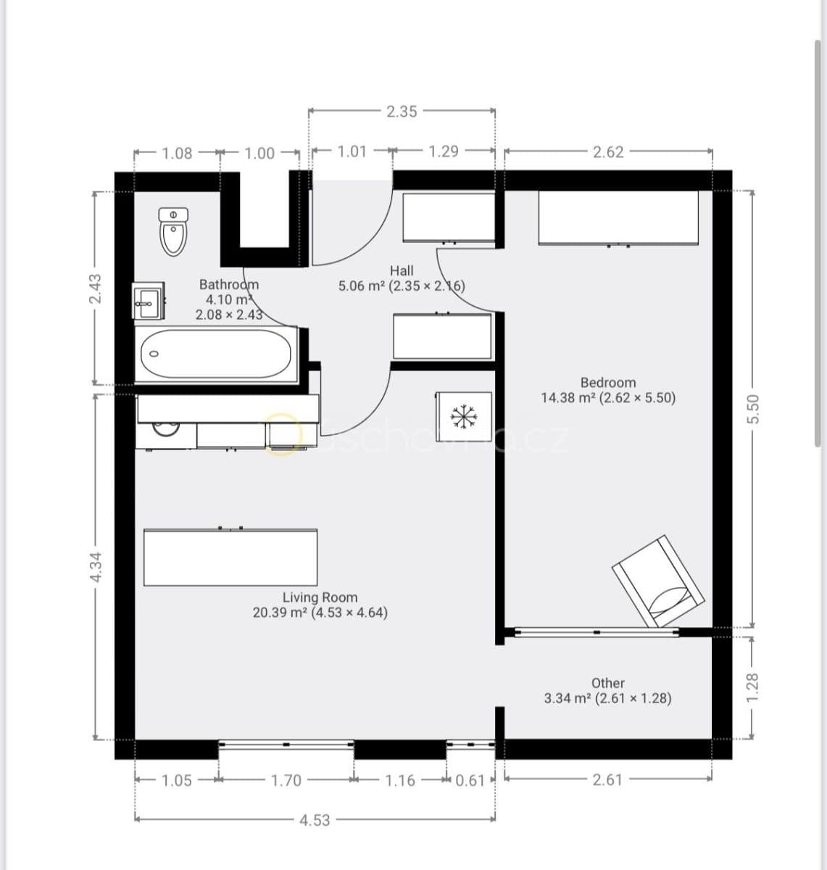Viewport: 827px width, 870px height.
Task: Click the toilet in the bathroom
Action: tap(173, 232)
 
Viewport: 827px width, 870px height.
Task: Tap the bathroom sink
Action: tap(148, 301)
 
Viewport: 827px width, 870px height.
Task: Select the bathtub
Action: tap(216, 354)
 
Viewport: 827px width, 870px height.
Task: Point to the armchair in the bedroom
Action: tap(658, 581)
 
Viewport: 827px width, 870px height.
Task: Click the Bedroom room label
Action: tap(607, 382)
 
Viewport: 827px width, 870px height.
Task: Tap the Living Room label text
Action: tap(320, 597)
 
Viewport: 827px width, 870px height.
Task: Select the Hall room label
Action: tap(402, 270)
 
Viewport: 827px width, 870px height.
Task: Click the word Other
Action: tap(607, 683)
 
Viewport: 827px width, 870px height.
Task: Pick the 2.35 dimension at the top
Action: tap(402, 112)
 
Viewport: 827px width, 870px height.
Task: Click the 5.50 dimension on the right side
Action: tap(752, 410)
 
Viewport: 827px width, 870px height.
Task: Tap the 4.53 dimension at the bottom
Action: tap(315, 820)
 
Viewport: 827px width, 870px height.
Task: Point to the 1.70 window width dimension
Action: tap(286, 780)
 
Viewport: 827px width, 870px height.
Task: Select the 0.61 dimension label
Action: tap(470, 780)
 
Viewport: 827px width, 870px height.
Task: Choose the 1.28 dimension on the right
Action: tap(752, 686)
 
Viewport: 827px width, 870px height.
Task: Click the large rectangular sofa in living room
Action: tap(230, 558)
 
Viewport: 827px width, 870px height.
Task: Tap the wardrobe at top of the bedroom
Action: tap(618, 217)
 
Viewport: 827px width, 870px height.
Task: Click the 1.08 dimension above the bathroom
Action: tap(178, 153)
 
